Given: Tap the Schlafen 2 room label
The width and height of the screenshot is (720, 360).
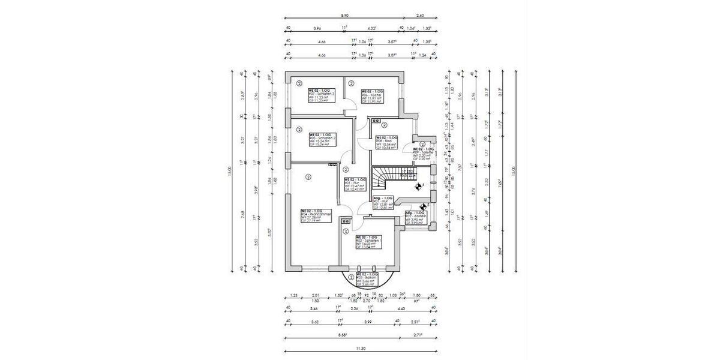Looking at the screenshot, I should [319, 140].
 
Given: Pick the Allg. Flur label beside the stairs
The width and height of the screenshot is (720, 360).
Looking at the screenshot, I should [383, 203].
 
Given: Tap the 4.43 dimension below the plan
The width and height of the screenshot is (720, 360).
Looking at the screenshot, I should [400, 308].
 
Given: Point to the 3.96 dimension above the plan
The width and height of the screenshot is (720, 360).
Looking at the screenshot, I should [317, 28].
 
